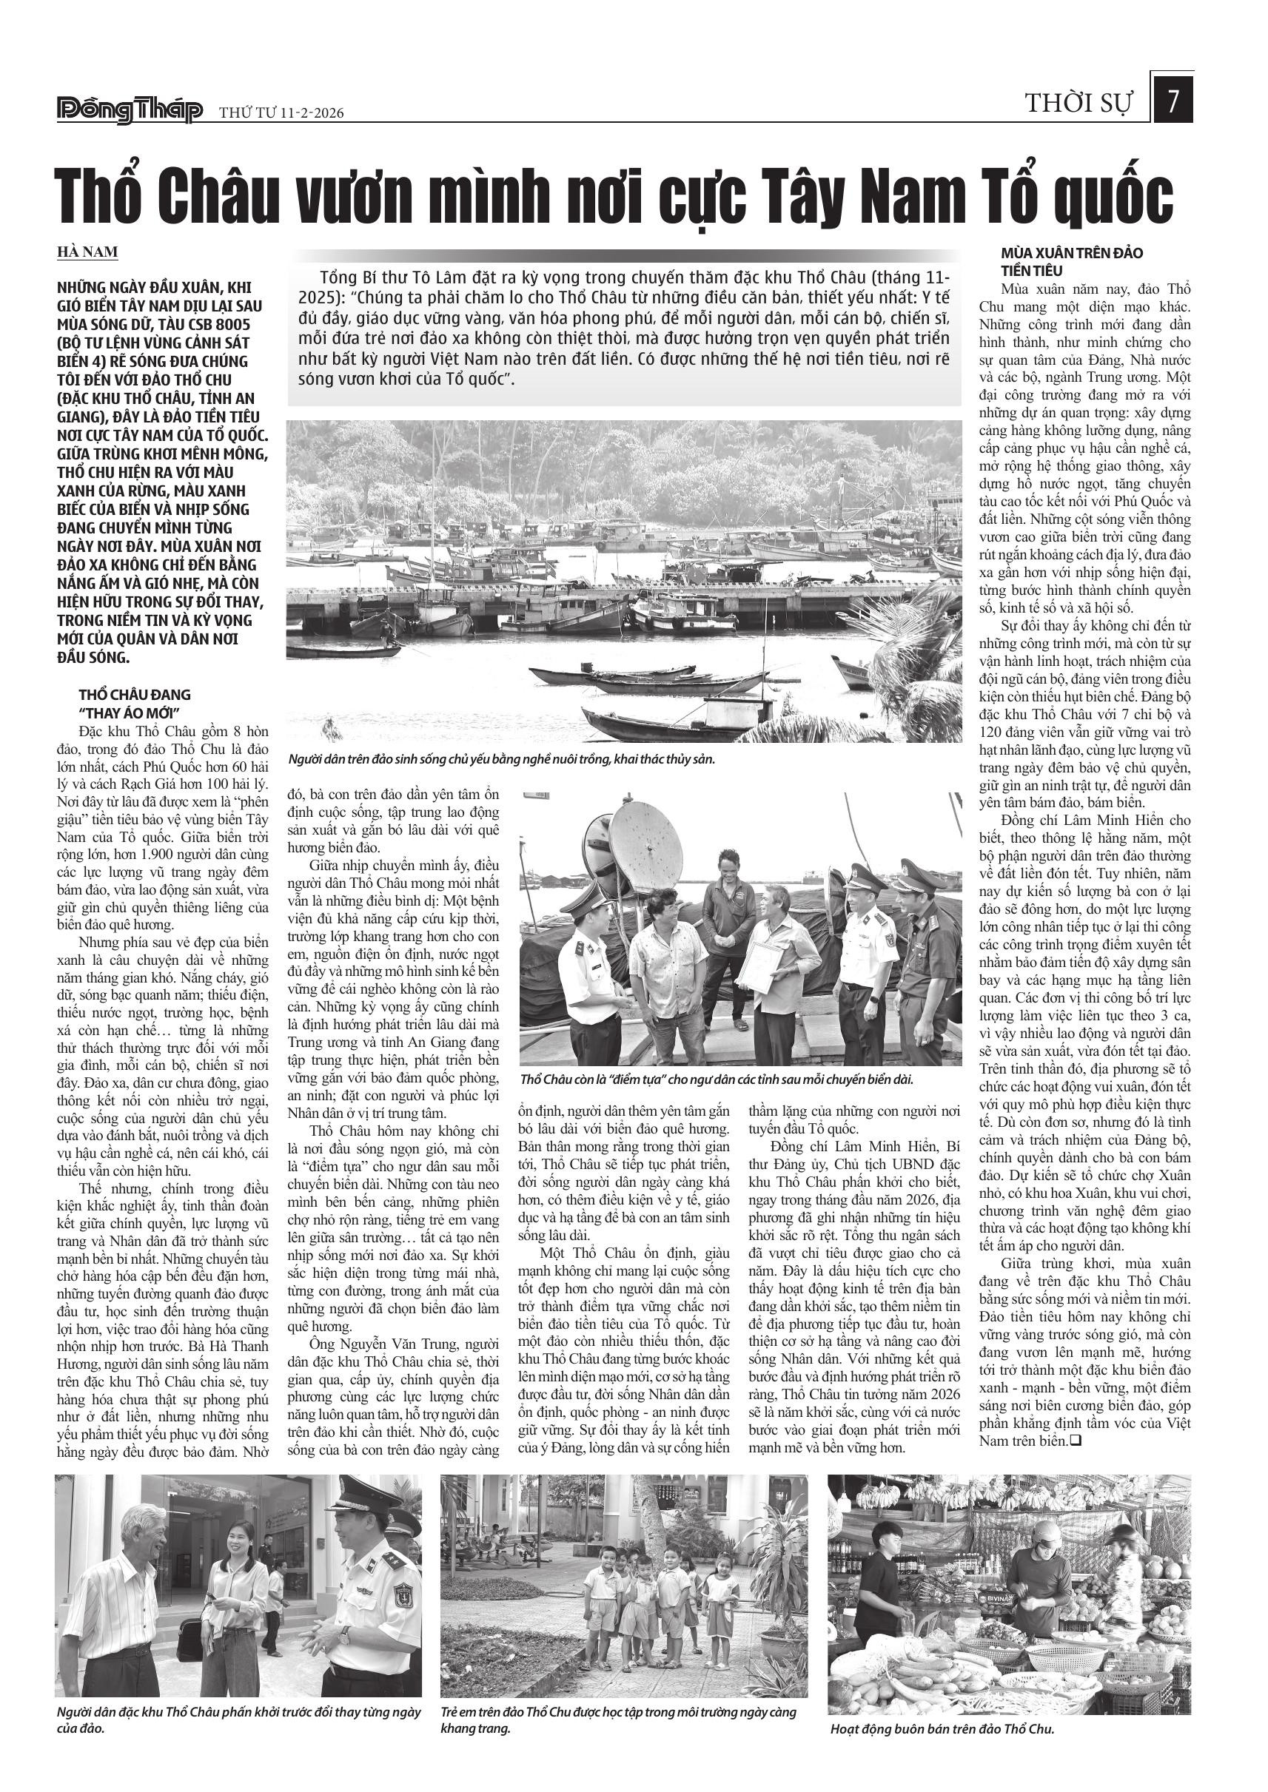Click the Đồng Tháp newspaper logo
(x=130, y=110)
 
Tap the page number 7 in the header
(x=1173, y=101)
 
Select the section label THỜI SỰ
(x=1078, y=103)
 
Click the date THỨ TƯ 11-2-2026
(x=281, y=113)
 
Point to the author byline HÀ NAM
(x=87, y=252)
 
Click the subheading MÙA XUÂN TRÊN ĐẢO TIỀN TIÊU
(x=1071, y=262)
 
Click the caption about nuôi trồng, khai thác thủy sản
(x=501, y=758)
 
